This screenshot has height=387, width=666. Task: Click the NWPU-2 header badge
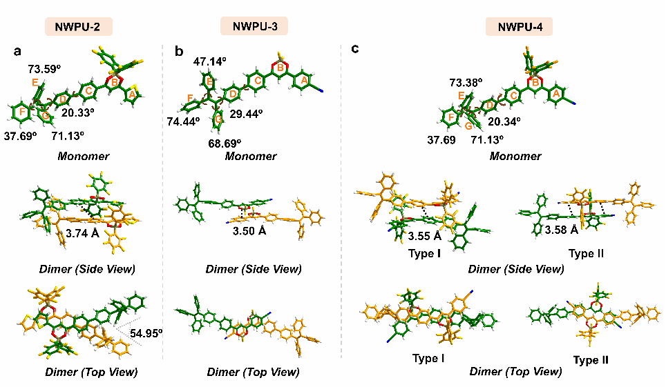pos(79,27)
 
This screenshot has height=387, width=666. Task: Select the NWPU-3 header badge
pos(254,26)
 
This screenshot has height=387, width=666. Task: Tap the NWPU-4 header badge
pos(520,27)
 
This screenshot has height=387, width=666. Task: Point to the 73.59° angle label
pos(44,69)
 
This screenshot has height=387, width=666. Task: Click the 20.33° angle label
pos(78,112)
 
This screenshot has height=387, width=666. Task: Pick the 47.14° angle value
pos(209,61)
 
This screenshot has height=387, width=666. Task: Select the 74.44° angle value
pos(183,122)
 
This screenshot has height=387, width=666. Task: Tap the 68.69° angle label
pos(225,143)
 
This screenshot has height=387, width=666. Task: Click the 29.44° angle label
pos(247,114)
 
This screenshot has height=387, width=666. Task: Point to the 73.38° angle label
pos(466,82)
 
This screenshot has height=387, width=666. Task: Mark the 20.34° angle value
pos(504,122)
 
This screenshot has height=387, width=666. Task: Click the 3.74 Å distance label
pos(82,233)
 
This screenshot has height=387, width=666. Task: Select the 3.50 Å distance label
pos(249,231)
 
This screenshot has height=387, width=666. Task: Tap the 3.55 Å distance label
pos(425,236)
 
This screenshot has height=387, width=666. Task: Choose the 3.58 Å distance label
pos(562,230)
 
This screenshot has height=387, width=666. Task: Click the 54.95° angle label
pos(146,333)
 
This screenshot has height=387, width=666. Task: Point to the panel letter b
pos(179,51)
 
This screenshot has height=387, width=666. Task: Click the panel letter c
pos(354,49)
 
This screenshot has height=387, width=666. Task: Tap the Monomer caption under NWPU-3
pos(251,156)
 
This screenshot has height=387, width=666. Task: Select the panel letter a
pos(17,52)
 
